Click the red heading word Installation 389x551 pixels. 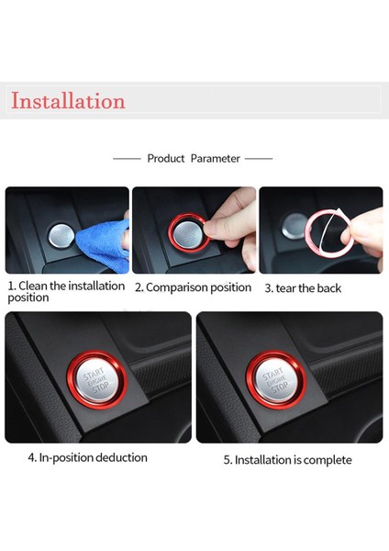pyautogui.click(x=67, y=100)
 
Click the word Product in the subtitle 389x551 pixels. pyautogui.click(x=166, y=159)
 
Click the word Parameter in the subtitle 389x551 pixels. pyautogui.click(x=216, y=159)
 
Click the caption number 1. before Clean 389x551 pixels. pyautogui.click(x=11, y=287)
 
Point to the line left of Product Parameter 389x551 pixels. pyautogui.click(x=127, y=159)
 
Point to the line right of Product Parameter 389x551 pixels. pyautogui.click(x=259, y=159)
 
